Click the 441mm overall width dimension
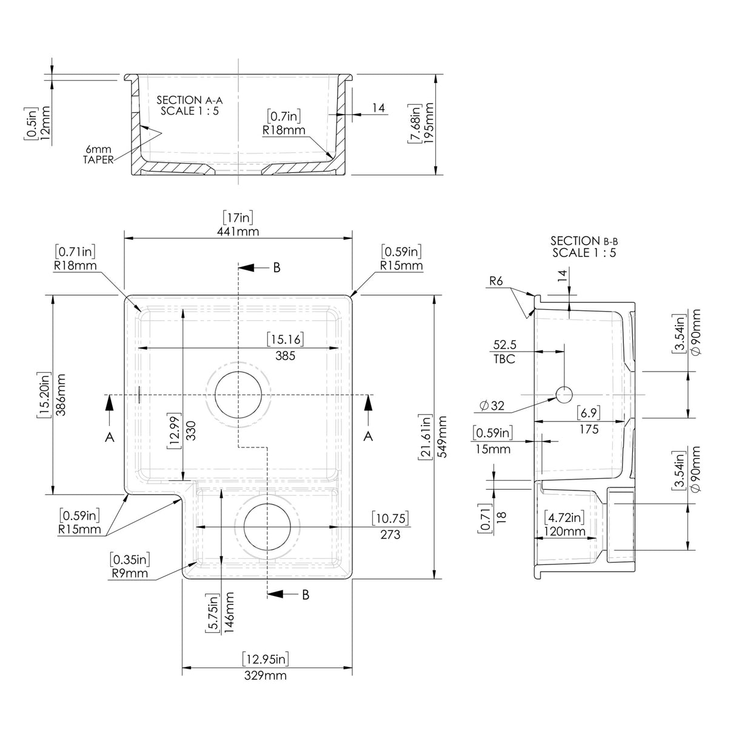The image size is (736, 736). (x=238, y=231)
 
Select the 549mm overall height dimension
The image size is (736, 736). (x=441, y=437)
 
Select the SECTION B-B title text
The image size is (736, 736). (x=584, y=241)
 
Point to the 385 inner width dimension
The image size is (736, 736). (x=285, y=356)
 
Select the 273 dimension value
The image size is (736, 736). (x=390, y=534)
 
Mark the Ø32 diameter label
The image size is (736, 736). (x=492, y=406)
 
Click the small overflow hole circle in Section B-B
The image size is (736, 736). (x=564, y=395)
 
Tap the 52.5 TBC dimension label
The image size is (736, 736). (x=504, y=352)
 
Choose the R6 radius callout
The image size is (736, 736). (x=498, y=281)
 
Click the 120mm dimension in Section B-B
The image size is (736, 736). (x=565, y=532)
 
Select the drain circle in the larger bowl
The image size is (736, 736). (x=239, y=394)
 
